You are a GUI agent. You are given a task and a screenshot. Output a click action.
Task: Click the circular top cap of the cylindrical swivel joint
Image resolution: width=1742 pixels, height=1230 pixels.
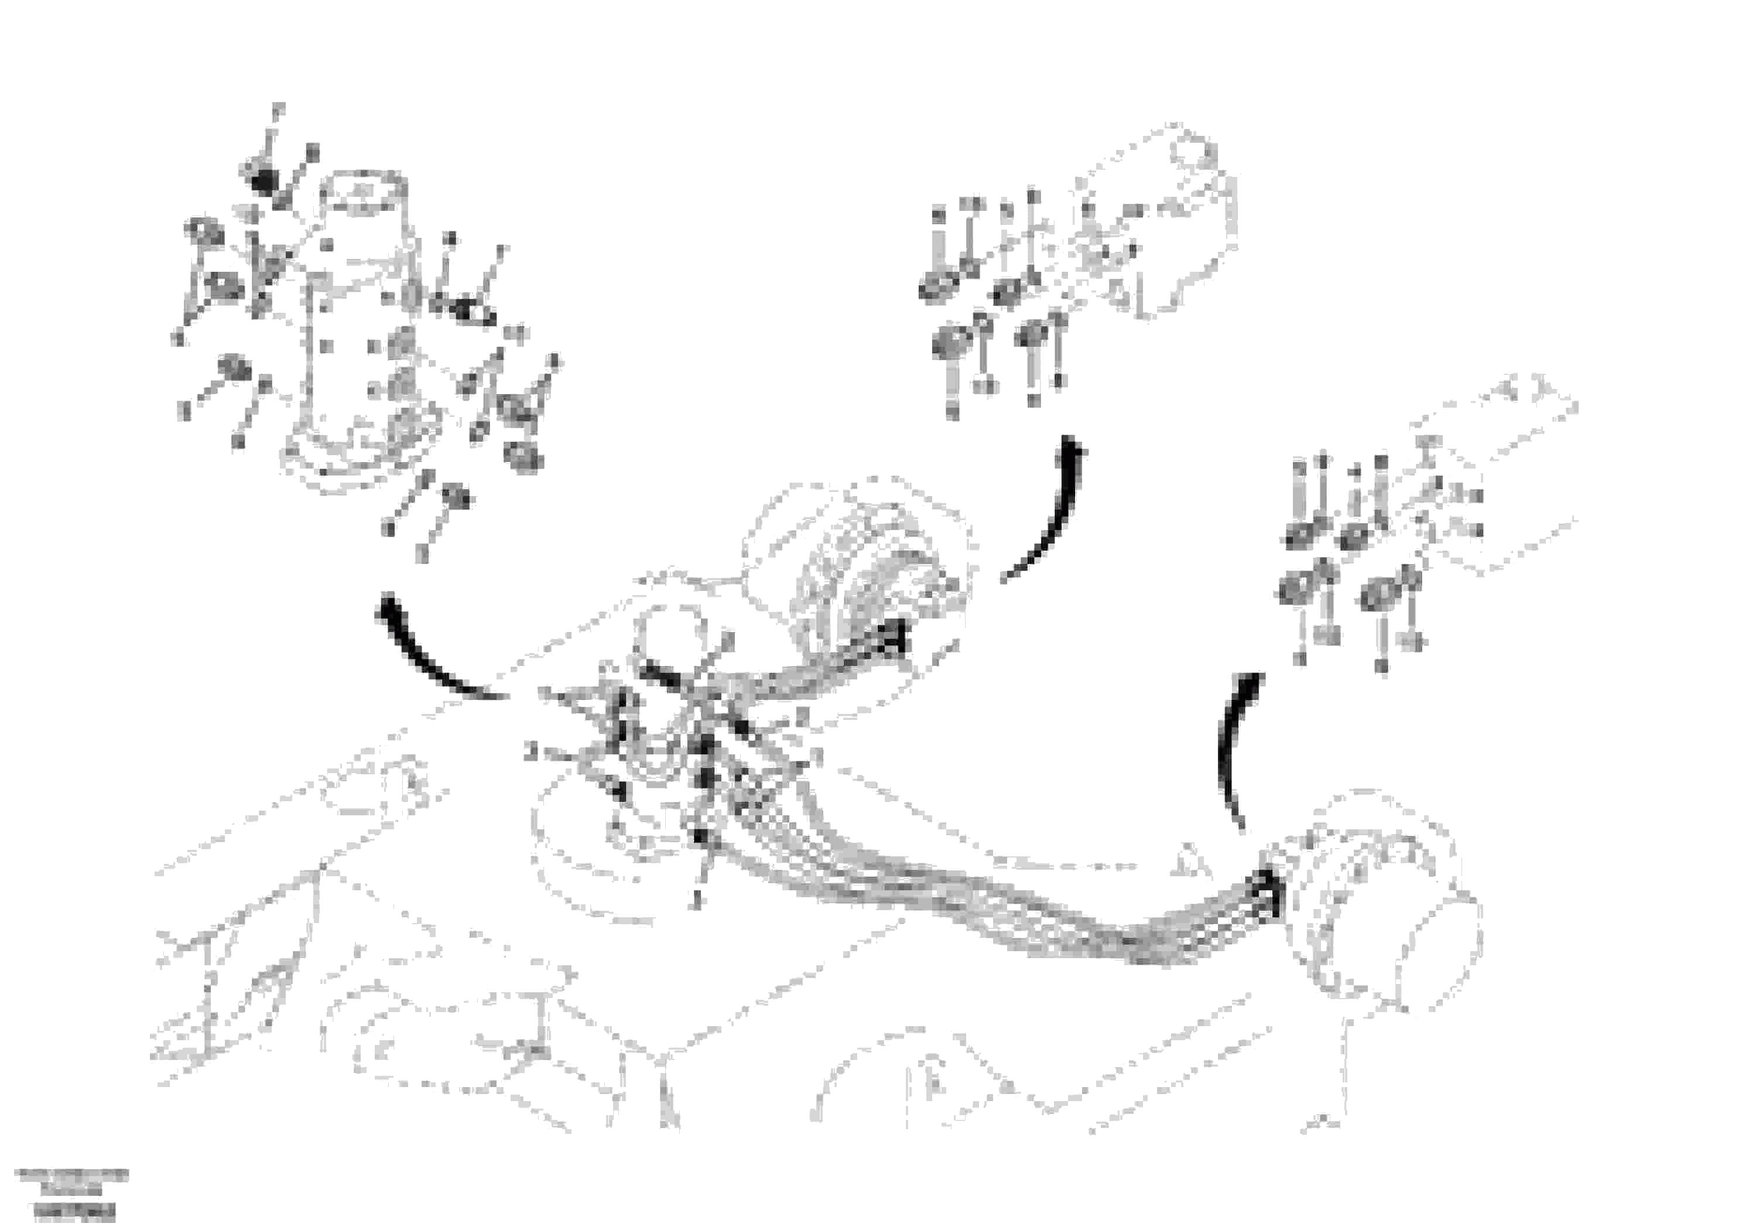click(362, 192)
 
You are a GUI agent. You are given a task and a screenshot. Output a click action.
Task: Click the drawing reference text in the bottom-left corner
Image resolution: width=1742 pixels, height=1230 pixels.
click(72, 1193)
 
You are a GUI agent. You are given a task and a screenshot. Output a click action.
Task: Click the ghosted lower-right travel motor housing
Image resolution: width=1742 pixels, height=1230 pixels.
click(1388, 903)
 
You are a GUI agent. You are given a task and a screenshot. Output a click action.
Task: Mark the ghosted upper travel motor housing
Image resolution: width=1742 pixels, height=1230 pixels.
click(857, 562)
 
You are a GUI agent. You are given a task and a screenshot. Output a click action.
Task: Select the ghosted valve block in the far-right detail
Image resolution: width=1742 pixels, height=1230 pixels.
click(1487, 486)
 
